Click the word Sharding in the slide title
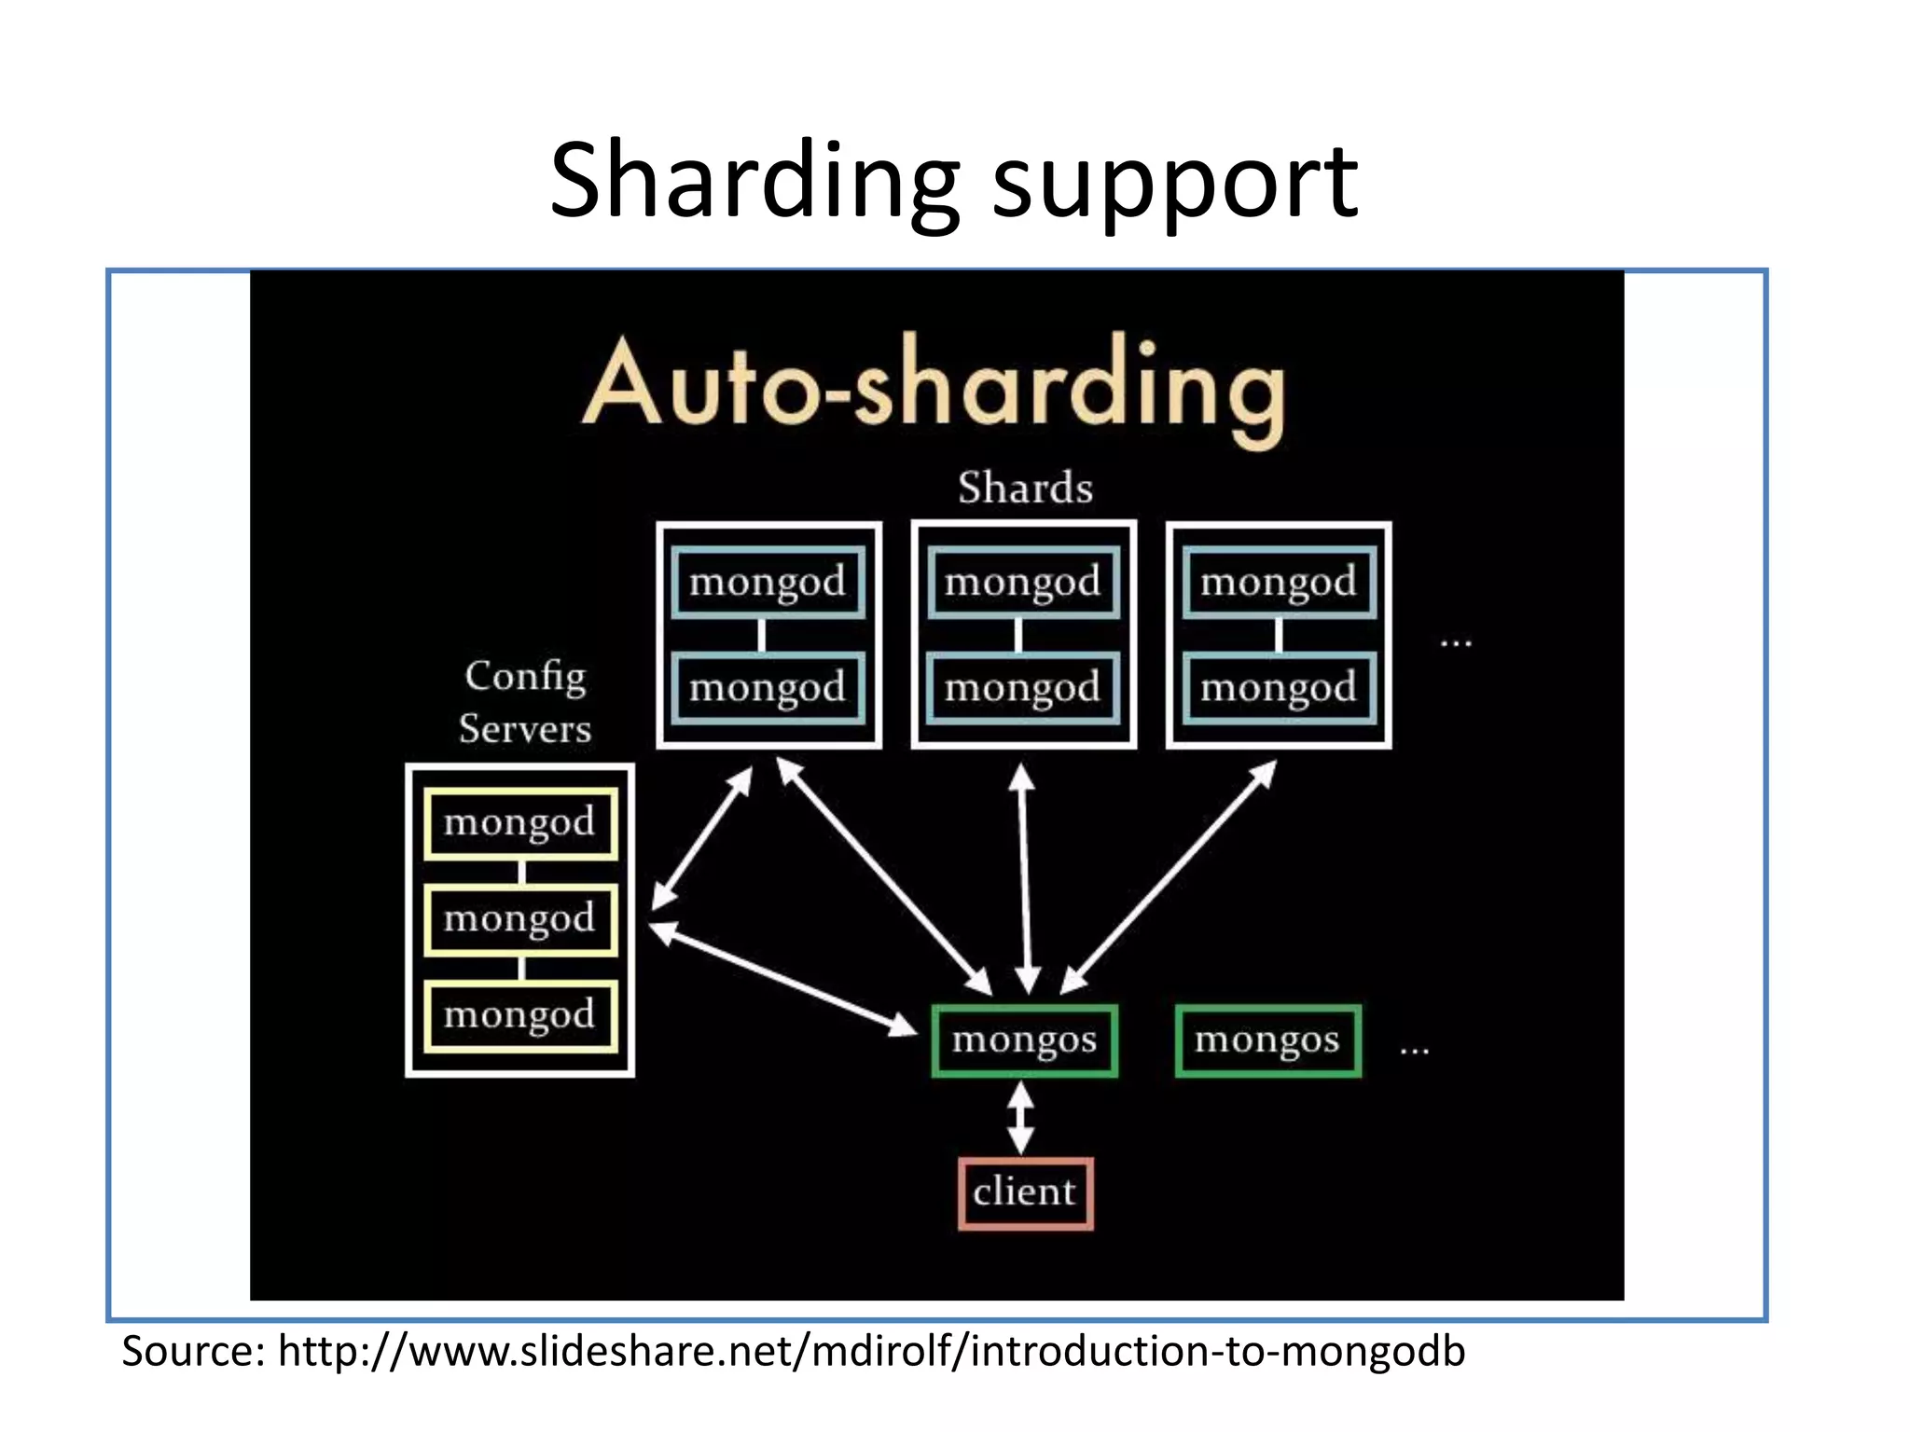click(754, 182)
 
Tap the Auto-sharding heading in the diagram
click(934, 390)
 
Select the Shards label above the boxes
click(1025, 489)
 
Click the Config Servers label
click(525, 702)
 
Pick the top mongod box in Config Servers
click(520, 823)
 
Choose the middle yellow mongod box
click(520, 919)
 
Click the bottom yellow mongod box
click(520, 1015)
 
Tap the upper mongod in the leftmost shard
click(768, 583)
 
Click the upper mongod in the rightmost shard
click(1279, 583)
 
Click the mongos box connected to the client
click(1024, 1040)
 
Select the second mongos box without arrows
click(1267, 1040)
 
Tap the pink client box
click(1025, 1193)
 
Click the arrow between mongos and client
click(1021, 1118)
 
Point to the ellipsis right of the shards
click(1456, 642)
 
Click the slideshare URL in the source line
click(871, 1352)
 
